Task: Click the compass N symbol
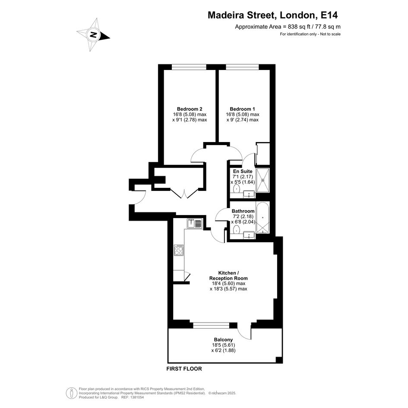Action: click(93, 35)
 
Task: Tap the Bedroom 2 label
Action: click(190, 109)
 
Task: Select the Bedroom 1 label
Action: click(242, 109)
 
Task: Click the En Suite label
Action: click(243, 171)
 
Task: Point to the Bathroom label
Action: click(243, 211)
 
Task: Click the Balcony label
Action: click(223, 339)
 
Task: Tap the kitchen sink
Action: click(194, 223)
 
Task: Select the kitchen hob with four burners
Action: click(179, 250)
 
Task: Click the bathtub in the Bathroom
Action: click(263, 218)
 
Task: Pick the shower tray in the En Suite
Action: click(263, 180)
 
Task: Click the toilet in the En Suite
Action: click(237, 189)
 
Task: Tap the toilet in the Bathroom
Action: click(236, 230)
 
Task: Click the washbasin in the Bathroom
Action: click(249, 235)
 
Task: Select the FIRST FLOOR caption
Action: click(184, 369)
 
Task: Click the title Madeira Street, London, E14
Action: click(272, 15)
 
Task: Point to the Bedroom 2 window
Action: click(189, 67)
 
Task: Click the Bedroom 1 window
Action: click(242, 67)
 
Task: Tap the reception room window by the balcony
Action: click(211, 325)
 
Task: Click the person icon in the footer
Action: click(70, 393)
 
